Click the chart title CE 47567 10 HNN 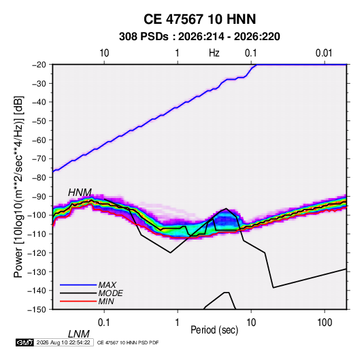[x=199, y=19]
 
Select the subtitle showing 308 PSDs [x=199, y=37]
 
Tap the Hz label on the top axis [x=214, y=53]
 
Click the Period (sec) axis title [x=214, y=330]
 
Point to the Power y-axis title [x=18, y=187]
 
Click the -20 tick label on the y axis [x=39, y=65]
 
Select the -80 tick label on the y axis [x=39, y=178]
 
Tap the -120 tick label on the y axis [x=37, y=252]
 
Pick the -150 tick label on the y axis [x=37, y=310]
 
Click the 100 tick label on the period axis [x=325, y=323]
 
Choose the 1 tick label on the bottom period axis [x=178, y=323]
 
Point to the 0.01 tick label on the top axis [x=324, y=53]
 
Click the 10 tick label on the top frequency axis [x=104, y=53]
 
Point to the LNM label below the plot [x=79, y=334]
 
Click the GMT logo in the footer [x=25, y=342]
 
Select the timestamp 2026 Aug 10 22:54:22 [x=63, y=342]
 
